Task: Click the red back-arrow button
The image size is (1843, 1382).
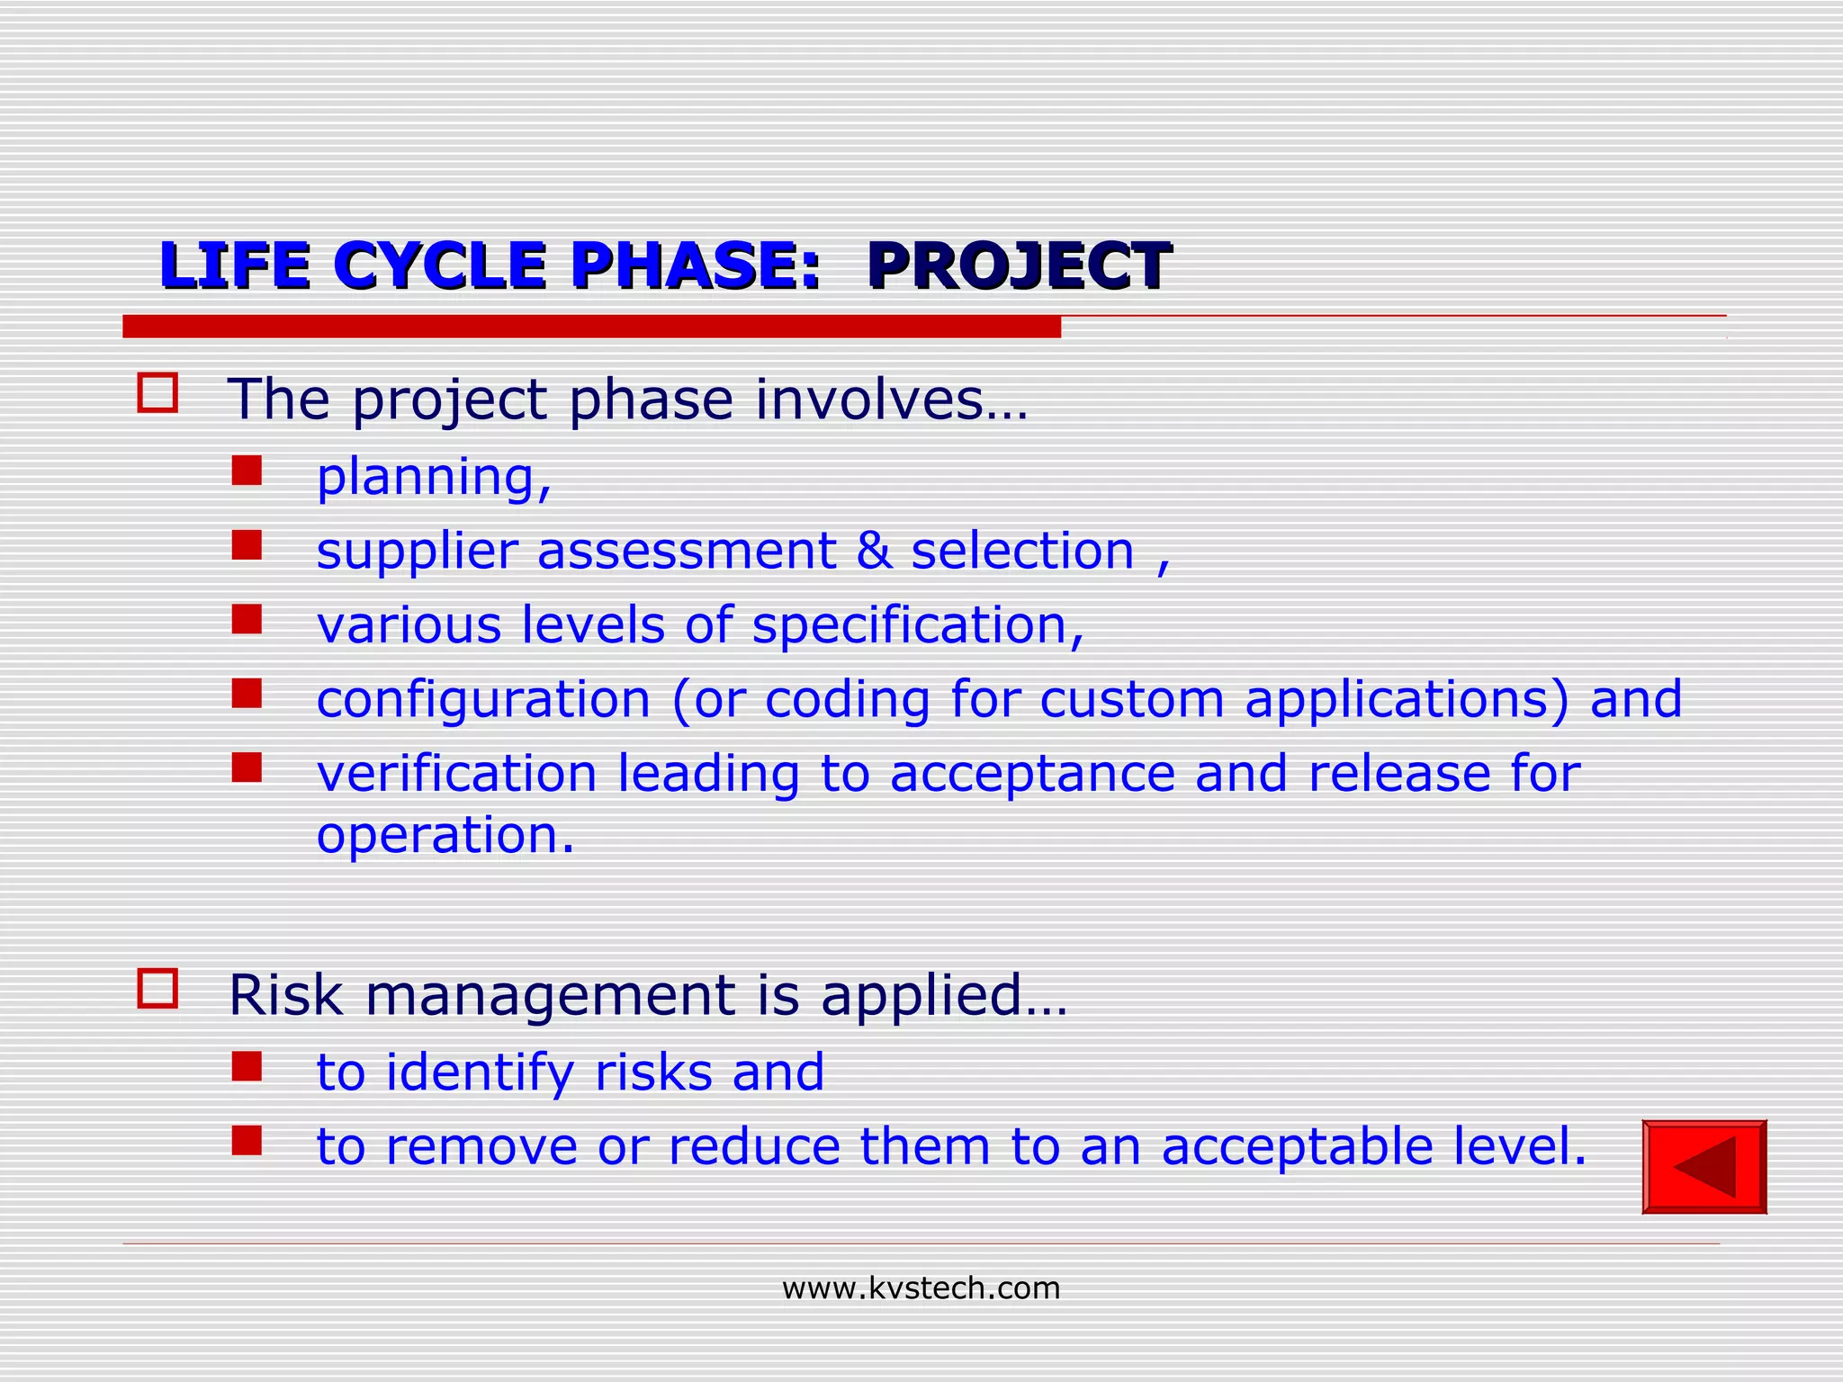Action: (x=1704, y=1166)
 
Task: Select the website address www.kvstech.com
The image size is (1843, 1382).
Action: (x=921, y=1288)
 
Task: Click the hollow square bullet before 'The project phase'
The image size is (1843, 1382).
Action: (x=157, y=393)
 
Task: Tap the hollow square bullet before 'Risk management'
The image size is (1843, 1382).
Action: (x=157, y=988)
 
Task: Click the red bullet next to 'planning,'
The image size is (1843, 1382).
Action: (x=247, y=470)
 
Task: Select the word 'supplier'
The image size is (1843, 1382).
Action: (x=417, y=552)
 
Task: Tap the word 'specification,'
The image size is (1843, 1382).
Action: (x=918, y=625)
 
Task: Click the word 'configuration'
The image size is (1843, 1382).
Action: (x=483, y=700)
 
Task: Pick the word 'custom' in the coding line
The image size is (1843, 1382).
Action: (x=1132, y=700)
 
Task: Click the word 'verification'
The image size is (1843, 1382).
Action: (x=456, y=774)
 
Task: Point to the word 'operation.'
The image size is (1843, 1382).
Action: (x=445, y=836)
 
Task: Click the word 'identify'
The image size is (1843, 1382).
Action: (x=480, y=1072)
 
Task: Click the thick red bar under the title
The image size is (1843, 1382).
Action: (x=591, y=327)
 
